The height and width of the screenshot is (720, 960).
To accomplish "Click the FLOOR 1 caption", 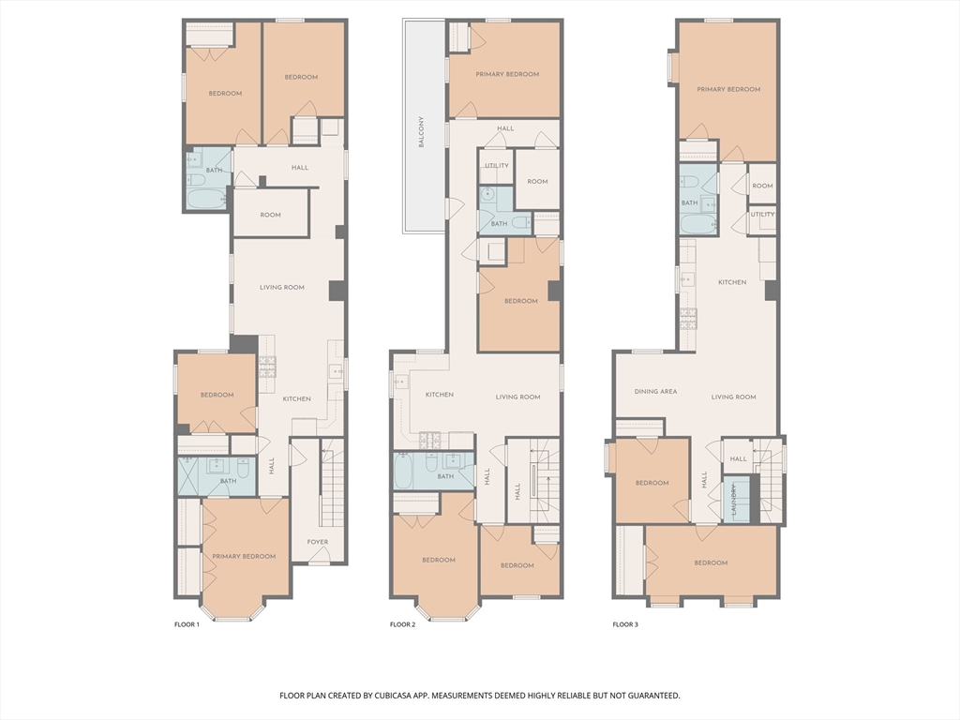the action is coord(187,624).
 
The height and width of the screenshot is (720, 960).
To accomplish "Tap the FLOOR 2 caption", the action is coord(403,624).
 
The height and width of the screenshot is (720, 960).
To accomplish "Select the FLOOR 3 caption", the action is coord(625,624).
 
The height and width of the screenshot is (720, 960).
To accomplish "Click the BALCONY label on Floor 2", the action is coord(421,131).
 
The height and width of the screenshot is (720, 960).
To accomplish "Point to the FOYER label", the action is coord(318,542).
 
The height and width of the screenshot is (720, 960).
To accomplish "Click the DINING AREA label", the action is coord(655,391).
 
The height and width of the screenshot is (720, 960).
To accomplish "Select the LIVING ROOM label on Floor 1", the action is coord(281,287).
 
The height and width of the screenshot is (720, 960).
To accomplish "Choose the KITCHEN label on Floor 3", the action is coord(732,282).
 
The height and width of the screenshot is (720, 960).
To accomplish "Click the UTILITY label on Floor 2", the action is coord(497,165).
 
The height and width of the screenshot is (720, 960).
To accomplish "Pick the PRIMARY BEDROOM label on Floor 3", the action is coord(728,89).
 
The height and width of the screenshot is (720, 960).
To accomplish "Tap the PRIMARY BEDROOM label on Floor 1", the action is coord(244,557).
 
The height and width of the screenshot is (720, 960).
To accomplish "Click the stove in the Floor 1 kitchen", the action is coord(267,367).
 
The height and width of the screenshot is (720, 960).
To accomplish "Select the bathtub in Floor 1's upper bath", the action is coord(205,199).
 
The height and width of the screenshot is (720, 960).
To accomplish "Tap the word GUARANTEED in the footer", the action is coord(655,696).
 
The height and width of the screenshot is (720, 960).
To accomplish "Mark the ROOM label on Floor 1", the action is coord(270,215).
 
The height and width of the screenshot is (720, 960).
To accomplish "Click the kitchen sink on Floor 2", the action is coord(400,382).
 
